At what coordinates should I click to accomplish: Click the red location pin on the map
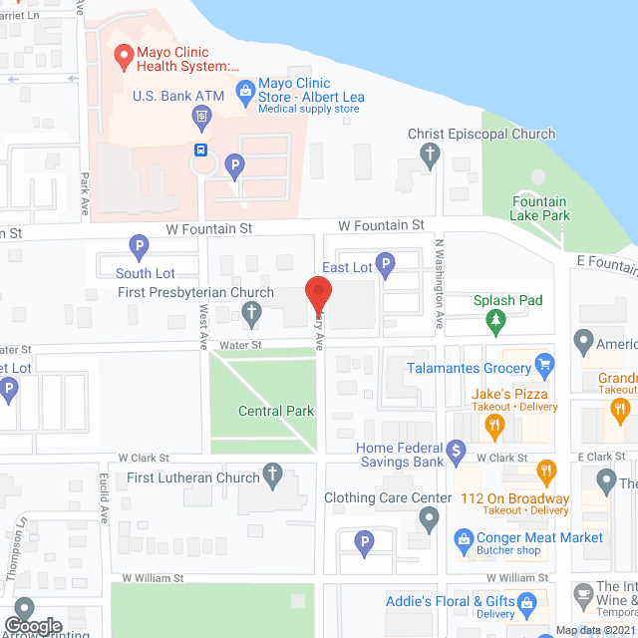point(318,293)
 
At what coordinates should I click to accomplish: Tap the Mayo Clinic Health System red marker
point(124,58)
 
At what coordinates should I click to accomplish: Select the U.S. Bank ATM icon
point(201,118)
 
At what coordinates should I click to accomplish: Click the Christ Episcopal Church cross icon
point(430,154)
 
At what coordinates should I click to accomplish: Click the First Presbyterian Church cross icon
point(251,315)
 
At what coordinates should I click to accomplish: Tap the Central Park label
point(276,411)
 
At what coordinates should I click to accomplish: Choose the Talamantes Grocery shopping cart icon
point(543,366)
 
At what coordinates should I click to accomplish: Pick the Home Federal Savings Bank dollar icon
point(456,452)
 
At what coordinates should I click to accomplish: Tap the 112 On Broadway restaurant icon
point(545,471)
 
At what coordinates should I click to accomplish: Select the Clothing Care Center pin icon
point(429,518)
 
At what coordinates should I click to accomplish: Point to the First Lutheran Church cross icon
point(270,477)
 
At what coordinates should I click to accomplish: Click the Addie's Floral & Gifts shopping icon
point(528,601)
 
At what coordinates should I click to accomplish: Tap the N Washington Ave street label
point(439,285)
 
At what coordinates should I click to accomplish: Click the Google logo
point(33,626)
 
